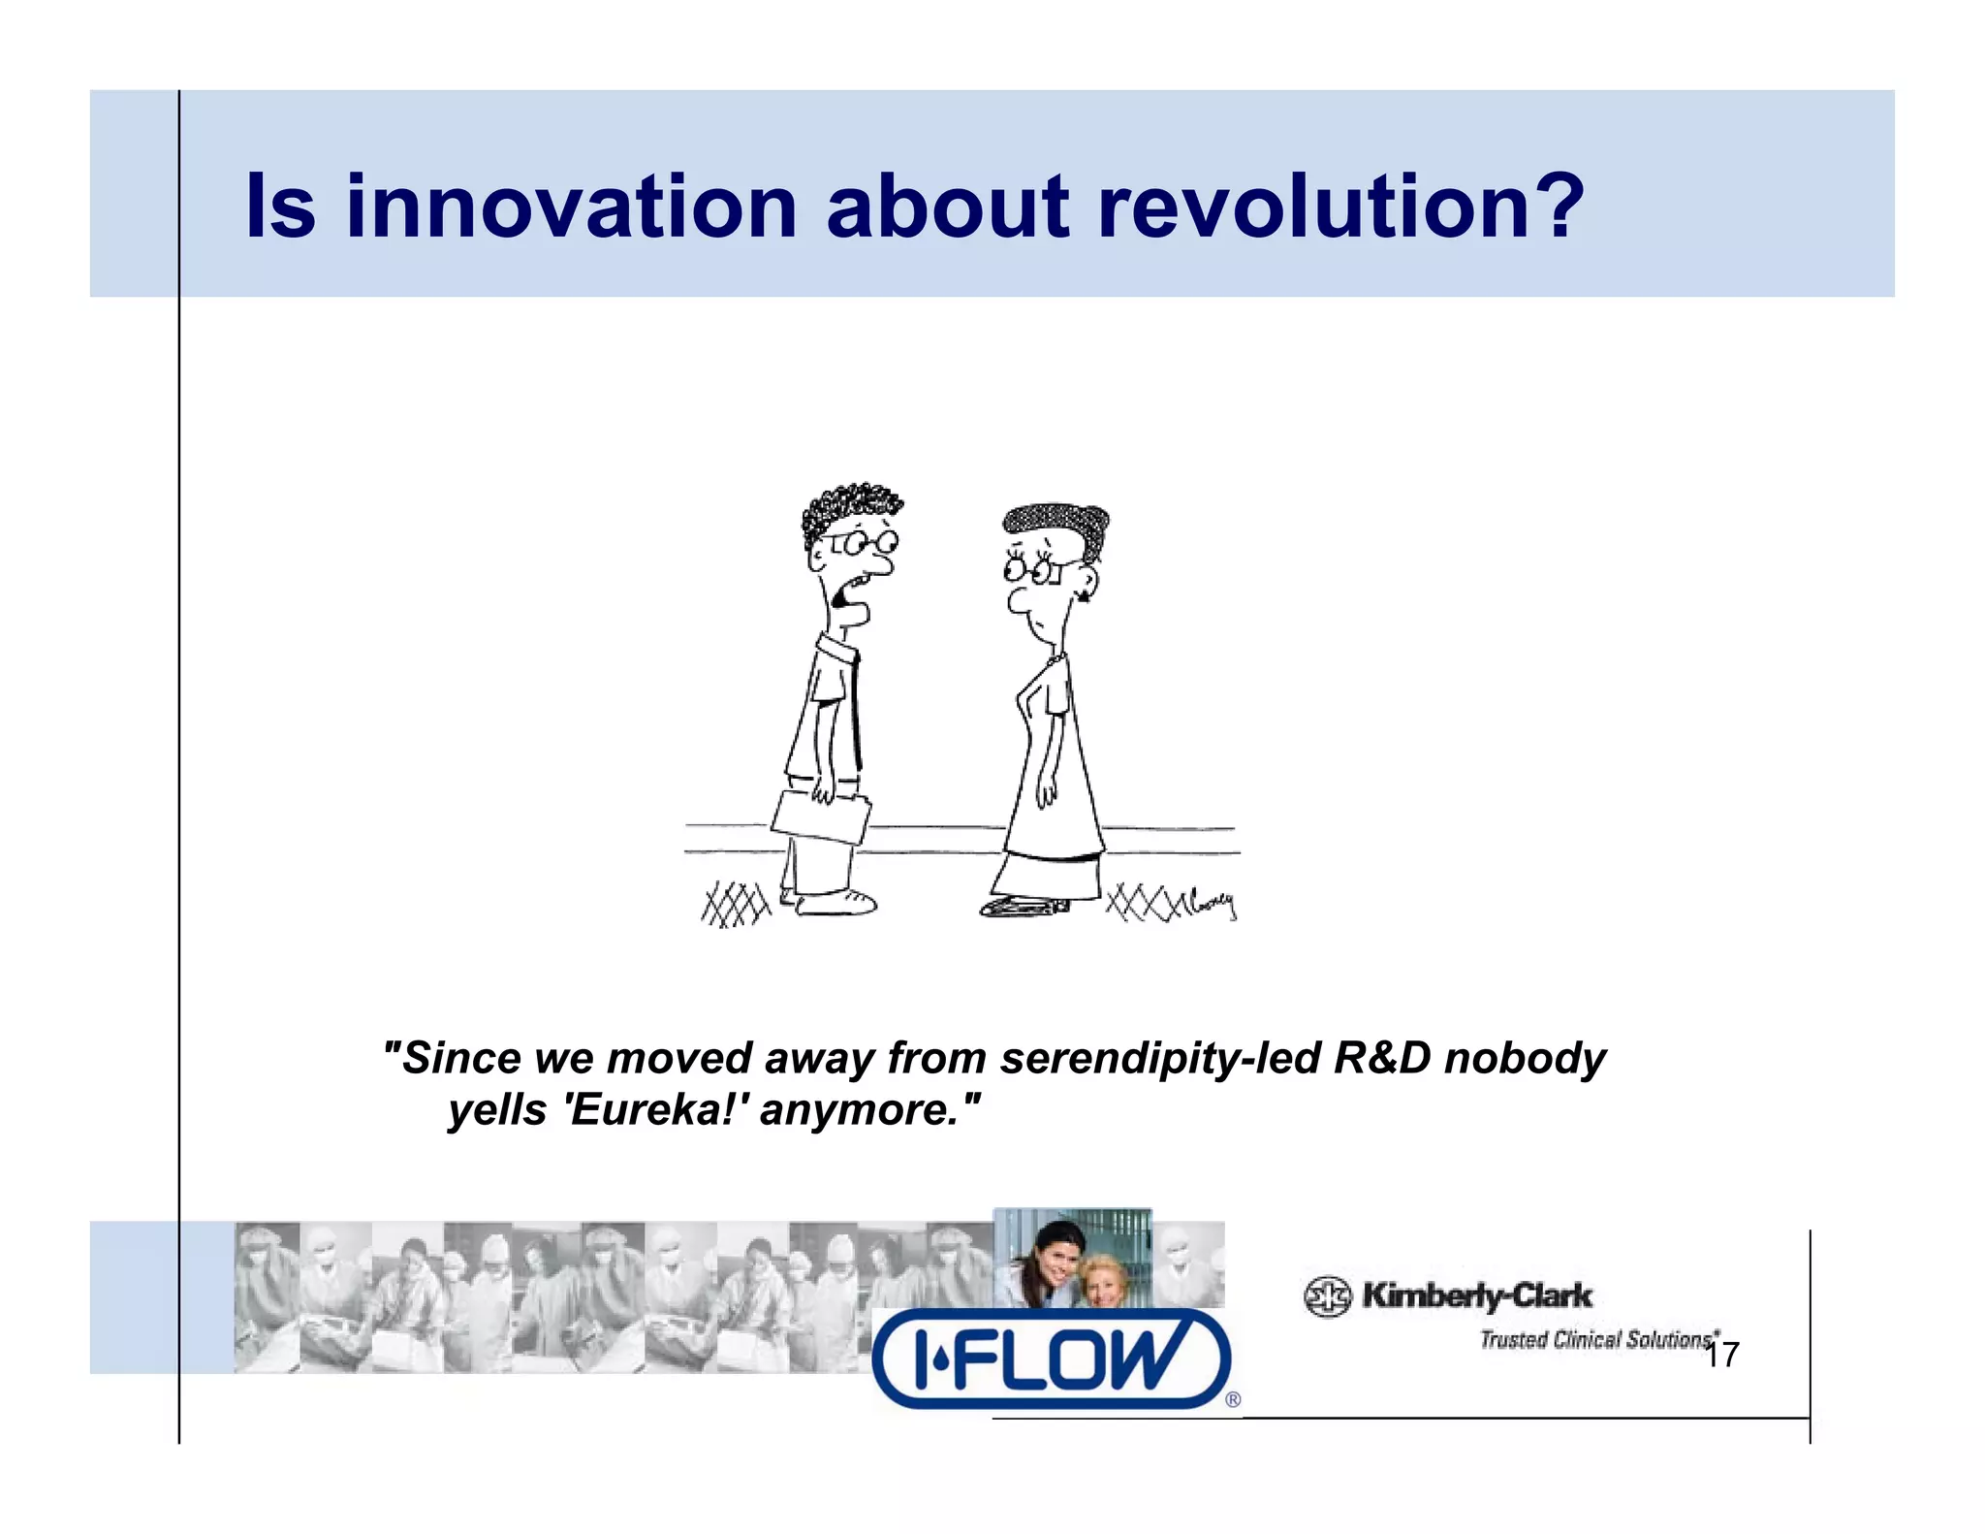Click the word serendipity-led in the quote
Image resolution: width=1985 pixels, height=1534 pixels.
click(1160, 1057)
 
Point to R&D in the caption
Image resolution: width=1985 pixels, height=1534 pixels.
click(1381, 1057)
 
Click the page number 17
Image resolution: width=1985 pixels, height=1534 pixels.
click(1721, 1355)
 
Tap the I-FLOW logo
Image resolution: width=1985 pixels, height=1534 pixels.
click(1051, 1358)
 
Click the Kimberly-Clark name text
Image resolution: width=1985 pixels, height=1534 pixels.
click(1476, 1294)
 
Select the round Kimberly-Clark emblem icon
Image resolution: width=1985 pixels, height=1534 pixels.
click(1327, 1296)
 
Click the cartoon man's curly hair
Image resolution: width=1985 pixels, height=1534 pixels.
click(847, 508)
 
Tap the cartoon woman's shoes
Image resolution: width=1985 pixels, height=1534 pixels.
click(1023, 907)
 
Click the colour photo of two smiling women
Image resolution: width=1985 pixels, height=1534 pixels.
click(1072, 1258)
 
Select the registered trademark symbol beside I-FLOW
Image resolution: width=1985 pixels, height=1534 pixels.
click(1233, 1399)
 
